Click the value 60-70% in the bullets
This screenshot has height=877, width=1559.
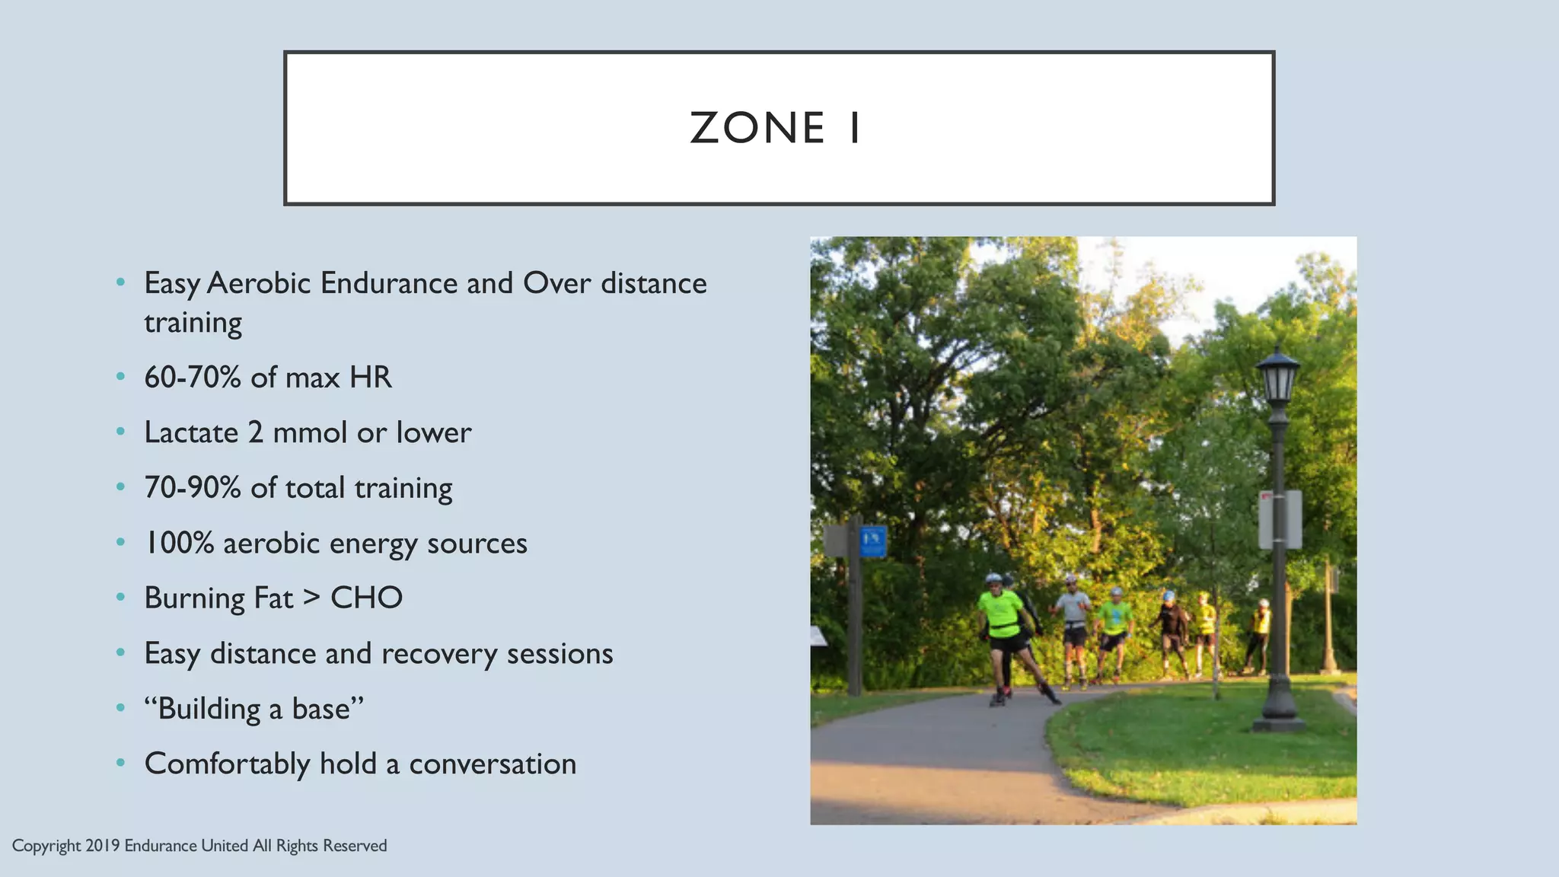click(193, 378)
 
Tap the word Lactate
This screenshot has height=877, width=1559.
click(191, 432)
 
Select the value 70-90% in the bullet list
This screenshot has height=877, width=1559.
click(193, 488)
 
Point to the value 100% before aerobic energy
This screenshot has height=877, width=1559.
click(180, 544)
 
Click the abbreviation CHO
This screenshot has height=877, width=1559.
click(366, 598)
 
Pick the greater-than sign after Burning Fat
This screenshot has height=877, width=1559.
click(311, 598)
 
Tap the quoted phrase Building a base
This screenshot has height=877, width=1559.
click(254, 709)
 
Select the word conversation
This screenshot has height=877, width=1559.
click(493, 764)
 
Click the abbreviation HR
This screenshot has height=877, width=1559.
click(371, 378)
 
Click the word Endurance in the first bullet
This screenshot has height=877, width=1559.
click(388, 283)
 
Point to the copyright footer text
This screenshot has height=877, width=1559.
click(199, 846)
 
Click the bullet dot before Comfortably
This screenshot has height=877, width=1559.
click(120, 763)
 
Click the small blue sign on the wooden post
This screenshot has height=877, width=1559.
click(873, 542)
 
